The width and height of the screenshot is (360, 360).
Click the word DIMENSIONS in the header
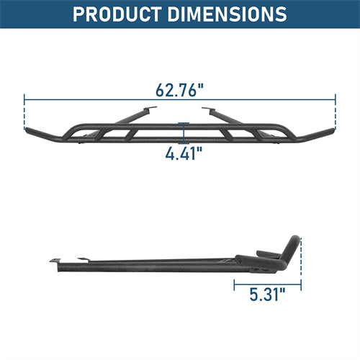pyautogui.click(x=229, y=14)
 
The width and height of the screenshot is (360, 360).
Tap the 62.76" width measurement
pyautogui.click(x=179, y=91)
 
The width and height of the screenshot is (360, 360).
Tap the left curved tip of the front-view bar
pyautogui.click(x=30, y=134)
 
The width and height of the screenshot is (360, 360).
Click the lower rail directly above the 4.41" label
pyautogui.click(x=180, y=141)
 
